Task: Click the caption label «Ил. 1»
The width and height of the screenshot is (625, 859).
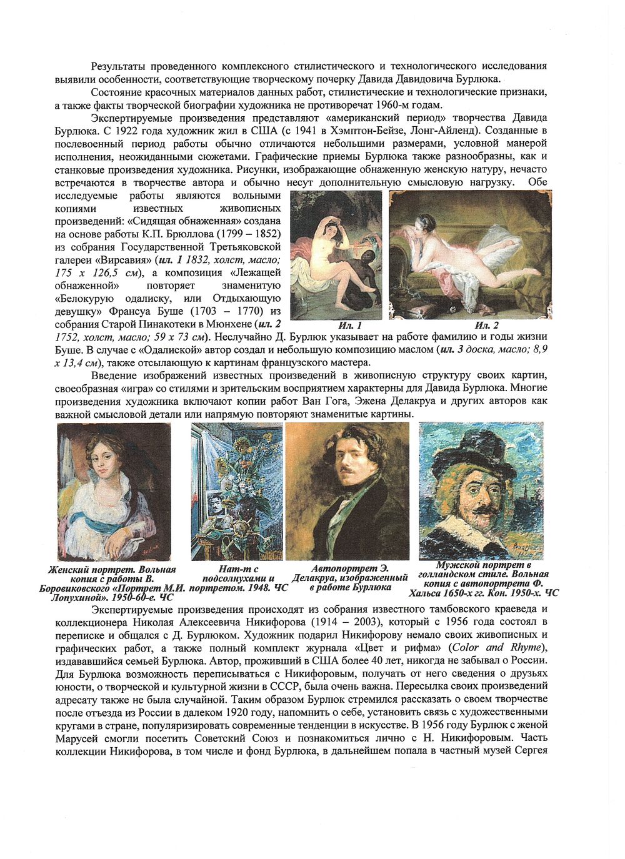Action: click(350, 325)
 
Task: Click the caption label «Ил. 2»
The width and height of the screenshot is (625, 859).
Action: click(486, 325)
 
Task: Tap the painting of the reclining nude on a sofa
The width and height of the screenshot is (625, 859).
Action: click(471, 254)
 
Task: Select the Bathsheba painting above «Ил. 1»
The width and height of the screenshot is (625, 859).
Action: click(336, 254)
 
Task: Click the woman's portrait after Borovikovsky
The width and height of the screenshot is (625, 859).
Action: click(114, 492)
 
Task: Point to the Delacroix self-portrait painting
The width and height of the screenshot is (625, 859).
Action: click(347, 492)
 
